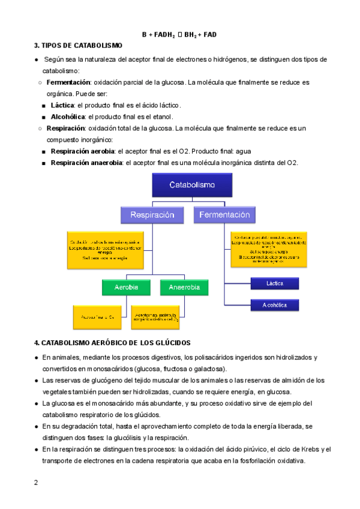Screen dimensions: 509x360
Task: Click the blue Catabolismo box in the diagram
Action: tap(191, 185)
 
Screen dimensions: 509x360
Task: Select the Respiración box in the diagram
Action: tap(152, 214)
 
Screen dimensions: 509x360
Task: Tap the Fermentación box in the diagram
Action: tap(224, 214)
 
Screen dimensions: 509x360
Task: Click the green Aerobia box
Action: tap(127, 287)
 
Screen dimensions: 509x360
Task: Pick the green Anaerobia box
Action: tap(184, 287)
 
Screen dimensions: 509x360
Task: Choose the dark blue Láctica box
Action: tap(274, 283)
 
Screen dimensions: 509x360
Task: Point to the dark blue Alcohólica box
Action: tap(274, 306)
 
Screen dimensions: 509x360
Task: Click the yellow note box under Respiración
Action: tap(105, 249)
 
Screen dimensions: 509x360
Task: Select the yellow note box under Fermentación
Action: tap(268, 248)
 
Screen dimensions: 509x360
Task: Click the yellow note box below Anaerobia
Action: tap(157, 317)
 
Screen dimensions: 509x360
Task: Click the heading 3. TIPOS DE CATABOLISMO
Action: tap(78, 46)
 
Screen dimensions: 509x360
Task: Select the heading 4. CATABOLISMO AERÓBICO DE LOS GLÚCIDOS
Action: tap(112, 343)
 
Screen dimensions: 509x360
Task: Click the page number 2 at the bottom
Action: tap(36, 483)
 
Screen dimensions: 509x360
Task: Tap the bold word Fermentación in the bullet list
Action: tap(68, 82)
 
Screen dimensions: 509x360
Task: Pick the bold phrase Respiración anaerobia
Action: tap(86, 163)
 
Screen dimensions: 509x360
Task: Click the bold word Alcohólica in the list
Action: tap(68, 116)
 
